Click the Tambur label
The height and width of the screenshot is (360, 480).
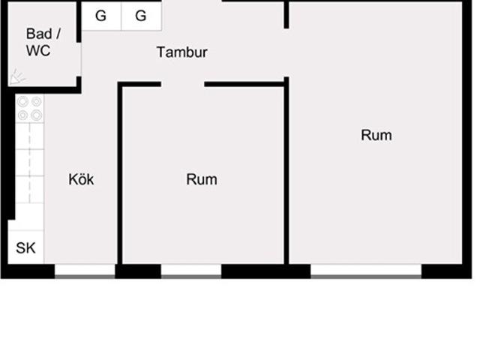pyautogui.click(x=182, y=52)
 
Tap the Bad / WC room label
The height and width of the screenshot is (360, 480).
pyautogui.click(x=43, y=42)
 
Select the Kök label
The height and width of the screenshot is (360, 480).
pyautogui.click(x=81, y=179)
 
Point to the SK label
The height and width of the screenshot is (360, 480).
pyautogui.click(x=25, y=248)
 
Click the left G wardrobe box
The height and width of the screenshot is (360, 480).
pyautogui.click(x=101, y=16)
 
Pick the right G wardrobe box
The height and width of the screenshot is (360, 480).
pyautogui.click(x=142, y=16)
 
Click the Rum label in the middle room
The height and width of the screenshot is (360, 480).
pyautogui.click(x=202, y=179)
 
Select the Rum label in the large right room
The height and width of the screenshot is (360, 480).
pyautogui.click(x=376, y=135)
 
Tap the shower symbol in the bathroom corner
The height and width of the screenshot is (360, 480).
pyautogui.click(x=17, y=76)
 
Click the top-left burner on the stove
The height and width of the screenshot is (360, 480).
pyautogui.click(x=23, y=102)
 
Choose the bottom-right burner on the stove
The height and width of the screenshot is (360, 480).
pyautogui.click(x=37, y=115)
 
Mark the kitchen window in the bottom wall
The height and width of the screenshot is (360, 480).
pyautogui.click(x=85, y=271)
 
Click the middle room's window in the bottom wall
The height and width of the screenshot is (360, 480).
pyautogui.click(x=191, y=271)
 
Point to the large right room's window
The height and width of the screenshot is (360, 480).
pyautogui.click(x=366, y=271)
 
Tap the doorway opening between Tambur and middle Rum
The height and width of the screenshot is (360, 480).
pyautogui.click(x=183, y=84)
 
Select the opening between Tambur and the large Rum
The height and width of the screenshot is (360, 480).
pyautogui.click(x=286, y=52)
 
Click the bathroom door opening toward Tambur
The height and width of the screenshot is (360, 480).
pyautogui.click(x=79, y=59)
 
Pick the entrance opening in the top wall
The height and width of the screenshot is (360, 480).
pyautogui.click(x=192, y=1)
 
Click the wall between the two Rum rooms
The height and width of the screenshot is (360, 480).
pyautogui.click(x=286, y=171)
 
